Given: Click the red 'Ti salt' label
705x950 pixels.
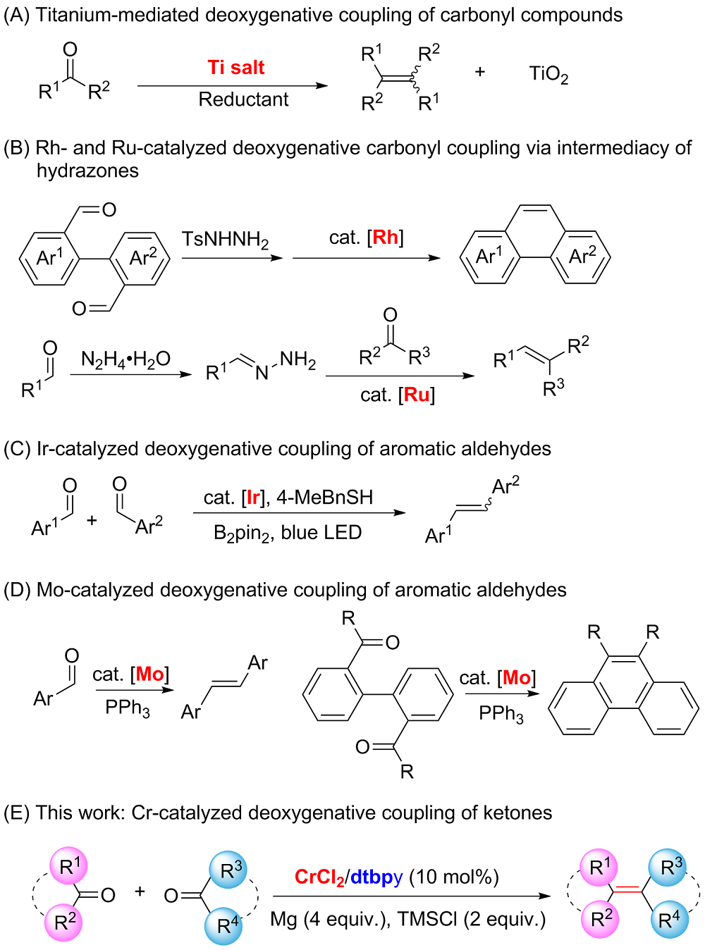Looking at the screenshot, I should (236, 68).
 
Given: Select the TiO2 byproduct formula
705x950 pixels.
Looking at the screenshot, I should (548, 73).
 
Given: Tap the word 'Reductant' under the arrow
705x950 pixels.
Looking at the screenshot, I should (243, 99).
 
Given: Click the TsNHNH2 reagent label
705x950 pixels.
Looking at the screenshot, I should (225, 240).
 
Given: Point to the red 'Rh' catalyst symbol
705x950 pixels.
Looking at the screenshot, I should (385, 237).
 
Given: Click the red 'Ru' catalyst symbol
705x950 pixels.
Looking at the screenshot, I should (417, 395).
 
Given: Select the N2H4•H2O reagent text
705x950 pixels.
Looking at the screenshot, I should (125, 359).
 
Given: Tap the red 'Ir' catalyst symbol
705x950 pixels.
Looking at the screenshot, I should (253, 498).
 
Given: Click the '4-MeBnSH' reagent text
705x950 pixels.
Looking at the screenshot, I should (324, 498).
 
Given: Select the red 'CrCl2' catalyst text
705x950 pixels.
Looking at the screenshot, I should (319, 877).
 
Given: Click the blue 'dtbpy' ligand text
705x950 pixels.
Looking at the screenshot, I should (376, 877).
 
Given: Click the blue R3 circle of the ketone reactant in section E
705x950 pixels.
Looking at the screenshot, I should (228, 871).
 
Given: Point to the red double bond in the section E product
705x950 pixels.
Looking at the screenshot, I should (627, 892).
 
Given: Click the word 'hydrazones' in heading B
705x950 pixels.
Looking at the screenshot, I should (87, 171).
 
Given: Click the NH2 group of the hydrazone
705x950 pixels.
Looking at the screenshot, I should (298, 360).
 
